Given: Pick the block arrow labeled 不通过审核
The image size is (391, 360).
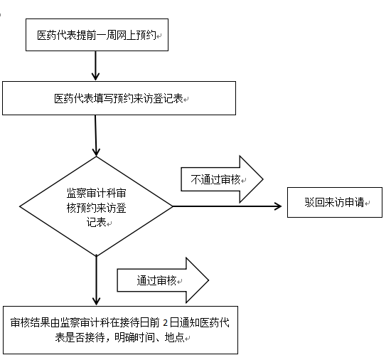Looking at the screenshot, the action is point(222,179).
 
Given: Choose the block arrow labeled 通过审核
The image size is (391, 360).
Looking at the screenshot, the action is point(163,280).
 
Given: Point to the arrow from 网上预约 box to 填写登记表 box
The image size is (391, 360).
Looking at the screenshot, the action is point(95,66).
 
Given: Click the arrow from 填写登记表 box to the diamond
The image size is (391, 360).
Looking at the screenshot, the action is point(96,135).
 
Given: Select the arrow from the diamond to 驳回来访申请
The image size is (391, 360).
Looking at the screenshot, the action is point(227,206).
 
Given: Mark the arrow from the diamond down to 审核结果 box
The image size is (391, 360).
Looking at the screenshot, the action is point(96,280).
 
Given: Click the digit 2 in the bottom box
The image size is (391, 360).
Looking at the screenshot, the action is point(165,323).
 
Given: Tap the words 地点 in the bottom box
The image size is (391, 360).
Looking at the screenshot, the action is point(175,337).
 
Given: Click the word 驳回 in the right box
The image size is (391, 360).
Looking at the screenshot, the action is point(314,202).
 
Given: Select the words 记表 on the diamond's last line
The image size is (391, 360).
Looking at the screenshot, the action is point(97,222).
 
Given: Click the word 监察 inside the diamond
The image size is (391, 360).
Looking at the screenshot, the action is point(76,193).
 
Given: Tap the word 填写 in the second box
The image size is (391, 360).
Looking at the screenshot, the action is point(104,99).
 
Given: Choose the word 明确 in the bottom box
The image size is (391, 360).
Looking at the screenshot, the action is point(124,337).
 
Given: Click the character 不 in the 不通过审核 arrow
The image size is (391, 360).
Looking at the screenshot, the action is point(195,179).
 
